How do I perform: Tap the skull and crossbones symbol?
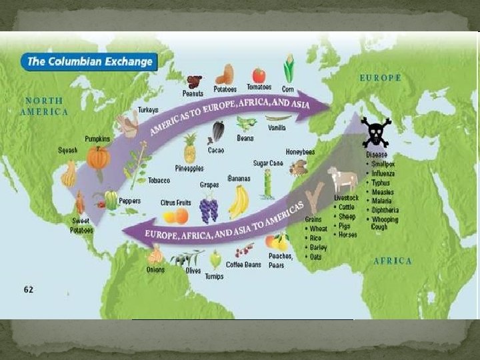point(376,132)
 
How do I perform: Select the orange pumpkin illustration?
point(99,159)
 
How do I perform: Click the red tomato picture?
point(259,75)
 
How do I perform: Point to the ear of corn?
point(289,69)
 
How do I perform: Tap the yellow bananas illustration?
point(238,202)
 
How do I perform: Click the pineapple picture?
point(190,148)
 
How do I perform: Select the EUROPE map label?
point(381,78)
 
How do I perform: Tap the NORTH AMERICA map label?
point(44,106)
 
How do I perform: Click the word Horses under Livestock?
point(347,234)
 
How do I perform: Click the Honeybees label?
point(300,151)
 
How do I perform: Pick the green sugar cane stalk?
point(268,184)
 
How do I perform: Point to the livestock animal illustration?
point(343,179)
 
